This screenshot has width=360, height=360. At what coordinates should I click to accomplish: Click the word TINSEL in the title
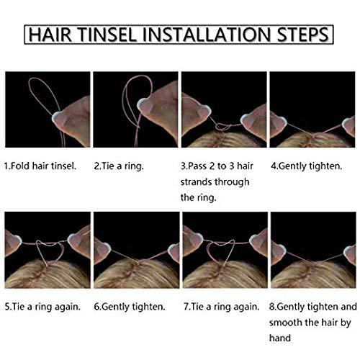108,35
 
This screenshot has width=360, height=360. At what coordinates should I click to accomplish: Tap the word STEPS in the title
302,35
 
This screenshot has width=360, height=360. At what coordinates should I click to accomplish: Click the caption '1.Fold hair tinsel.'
40,166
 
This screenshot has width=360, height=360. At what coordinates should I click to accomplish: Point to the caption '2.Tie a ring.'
119,166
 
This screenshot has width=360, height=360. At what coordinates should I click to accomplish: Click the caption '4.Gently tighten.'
306,166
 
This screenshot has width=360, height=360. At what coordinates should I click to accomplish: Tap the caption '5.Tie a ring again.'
42,307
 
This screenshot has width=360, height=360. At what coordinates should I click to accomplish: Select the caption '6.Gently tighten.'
130,307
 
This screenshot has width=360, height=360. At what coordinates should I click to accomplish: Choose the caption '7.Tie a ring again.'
222,307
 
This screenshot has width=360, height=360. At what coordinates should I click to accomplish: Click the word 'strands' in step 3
195,182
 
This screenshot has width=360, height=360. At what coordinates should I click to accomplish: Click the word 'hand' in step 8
280,338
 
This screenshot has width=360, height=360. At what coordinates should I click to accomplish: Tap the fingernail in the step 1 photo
58,117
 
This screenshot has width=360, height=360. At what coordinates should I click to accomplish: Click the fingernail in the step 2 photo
143,104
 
